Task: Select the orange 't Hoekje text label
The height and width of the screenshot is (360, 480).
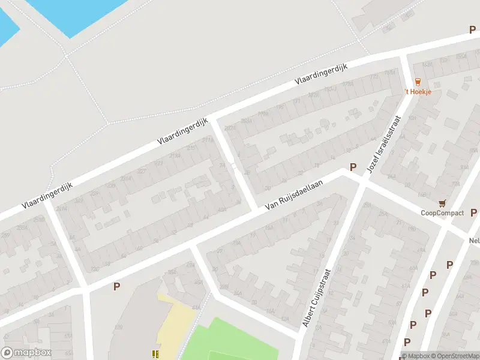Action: pos(417,91)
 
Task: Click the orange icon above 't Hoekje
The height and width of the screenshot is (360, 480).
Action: pos(418,82)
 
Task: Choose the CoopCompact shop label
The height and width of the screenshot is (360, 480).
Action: pos(442,213)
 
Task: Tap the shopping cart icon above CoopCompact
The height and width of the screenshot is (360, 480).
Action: pos(443,204)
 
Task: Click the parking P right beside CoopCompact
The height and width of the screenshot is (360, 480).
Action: pos(473,212)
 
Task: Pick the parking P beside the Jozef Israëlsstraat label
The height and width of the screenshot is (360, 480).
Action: pos(353,167)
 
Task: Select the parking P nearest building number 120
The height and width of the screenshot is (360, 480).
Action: pos(116,286)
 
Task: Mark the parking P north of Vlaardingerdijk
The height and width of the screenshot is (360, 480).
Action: pos(472,29)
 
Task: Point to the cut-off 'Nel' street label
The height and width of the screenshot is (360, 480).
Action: pos(473,240)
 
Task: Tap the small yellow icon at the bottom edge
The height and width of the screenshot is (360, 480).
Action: pos(156,354)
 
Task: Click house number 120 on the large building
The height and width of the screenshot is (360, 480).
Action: pos(119,326)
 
